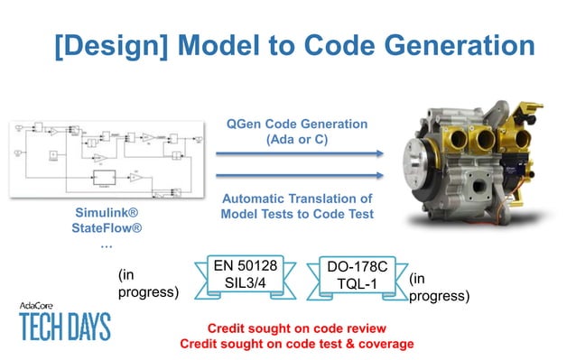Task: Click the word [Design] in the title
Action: [96, 46]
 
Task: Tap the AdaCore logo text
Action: [41, 306]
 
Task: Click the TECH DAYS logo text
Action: [65, 326]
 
